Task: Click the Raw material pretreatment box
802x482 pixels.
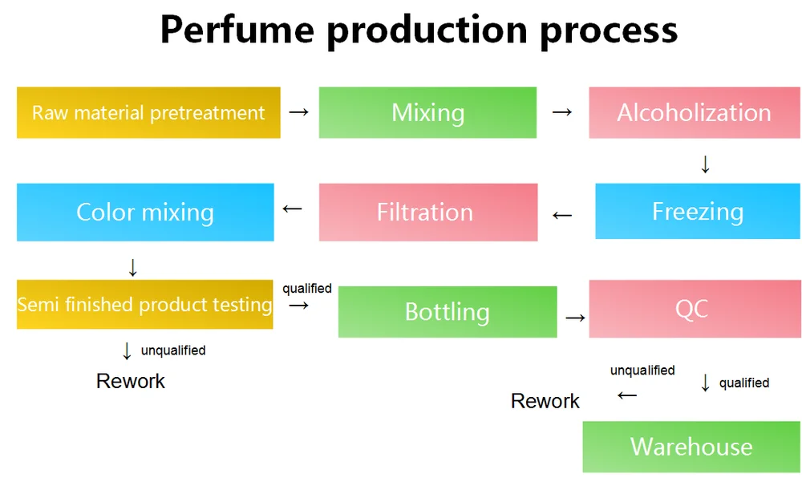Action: [x=148, y=112]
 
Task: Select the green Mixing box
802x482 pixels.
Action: [x=427, y=112]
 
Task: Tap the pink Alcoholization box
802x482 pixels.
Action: [x=694, y=112]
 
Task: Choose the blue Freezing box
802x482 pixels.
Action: [x=697, y=212]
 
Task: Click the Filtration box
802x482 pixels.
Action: [x=427, y=212]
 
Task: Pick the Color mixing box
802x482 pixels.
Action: [x=145, y=212]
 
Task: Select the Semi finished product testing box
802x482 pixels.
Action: [x=144, y=305]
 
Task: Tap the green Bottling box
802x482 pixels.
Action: [x=447, y=311]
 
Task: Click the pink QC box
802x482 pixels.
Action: [x=694, y=309]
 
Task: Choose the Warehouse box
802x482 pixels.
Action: [x=691, y=447]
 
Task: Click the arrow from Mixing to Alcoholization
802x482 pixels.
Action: [x=562, y=112]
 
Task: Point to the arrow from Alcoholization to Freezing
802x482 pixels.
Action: [x=705, y=164]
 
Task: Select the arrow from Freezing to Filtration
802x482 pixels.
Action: [x=563, y=214]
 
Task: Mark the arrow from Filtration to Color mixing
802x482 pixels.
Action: [x=293, y=209]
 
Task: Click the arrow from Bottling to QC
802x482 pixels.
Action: [x=575, y=318]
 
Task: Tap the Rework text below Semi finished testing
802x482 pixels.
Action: [x=130, y=381]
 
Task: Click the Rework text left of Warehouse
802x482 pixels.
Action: [x=545, y=401]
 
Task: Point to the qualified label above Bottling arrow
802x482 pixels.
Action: [x=307, y=289]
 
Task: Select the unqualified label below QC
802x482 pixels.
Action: [x=642, y=371]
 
